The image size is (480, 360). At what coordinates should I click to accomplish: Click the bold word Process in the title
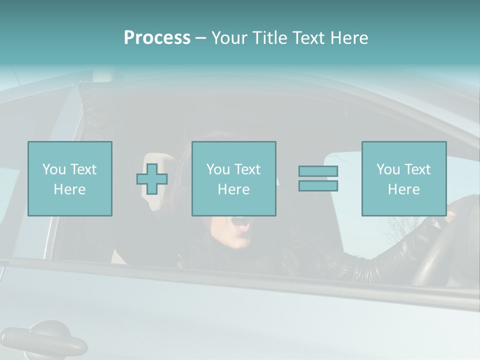(x=157, y=38)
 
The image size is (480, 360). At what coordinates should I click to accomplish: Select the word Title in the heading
(x=270, y=38)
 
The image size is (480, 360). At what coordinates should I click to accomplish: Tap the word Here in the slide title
(x=347, y=38)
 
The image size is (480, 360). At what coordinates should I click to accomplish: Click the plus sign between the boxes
(x=152, y=178)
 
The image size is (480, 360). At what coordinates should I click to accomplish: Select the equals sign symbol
(x=318, y=178)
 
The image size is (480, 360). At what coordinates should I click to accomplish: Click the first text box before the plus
(x=69, y=178)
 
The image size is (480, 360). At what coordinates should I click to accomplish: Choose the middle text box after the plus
(x=233, y=178)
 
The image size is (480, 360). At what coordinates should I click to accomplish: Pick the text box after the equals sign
(x=403, y=178)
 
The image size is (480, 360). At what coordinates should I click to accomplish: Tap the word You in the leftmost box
(x=53, y=169)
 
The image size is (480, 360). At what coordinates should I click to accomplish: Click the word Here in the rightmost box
(x=403, y=189)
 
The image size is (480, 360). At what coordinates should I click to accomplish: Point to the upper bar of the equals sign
(x=318, y=171)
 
